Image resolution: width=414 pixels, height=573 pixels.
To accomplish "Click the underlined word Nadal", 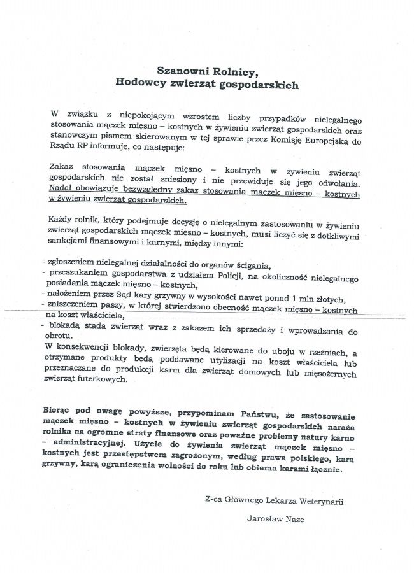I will (x=61, y=189).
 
